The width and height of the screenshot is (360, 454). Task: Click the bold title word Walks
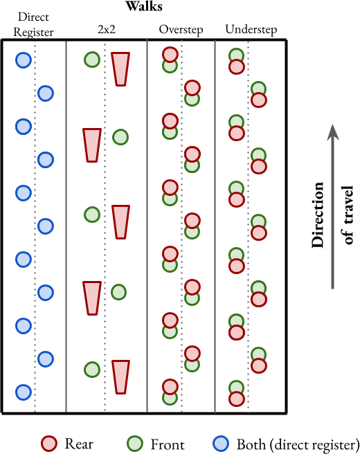[x=144, y=6]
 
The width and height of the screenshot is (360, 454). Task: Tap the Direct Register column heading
[x=33, y=25]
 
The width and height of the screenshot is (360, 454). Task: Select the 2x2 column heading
[x=107, y=29]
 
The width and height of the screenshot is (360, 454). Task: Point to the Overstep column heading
[x=181, y=30]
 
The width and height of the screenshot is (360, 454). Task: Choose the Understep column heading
[x=251, y=30]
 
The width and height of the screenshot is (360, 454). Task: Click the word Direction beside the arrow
[x=318, y=215]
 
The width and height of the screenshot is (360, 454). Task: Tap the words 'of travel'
[x=348, y=215]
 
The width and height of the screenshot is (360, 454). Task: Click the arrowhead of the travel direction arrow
[x=333, y=132]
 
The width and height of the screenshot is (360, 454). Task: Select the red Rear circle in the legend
[x=49, y=444]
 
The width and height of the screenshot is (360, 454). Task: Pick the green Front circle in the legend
[x=135, y=444]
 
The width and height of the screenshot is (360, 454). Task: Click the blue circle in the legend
[x=221, y=444]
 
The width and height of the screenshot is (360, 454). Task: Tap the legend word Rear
[x=79, y=444]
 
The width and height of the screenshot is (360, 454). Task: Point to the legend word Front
[x=168, y=444]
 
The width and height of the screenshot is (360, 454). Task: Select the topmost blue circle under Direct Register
[x=24, y=60]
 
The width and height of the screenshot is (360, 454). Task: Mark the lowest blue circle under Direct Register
[x=24, y=392]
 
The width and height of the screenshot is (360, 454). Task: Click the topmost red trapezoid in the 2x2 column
[x=120, y=69]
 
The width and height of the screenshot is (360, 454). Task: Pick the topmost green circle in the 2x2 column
[x=92, y=60]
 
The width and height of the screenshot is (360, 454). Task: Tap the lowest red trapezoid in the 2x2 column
[x=120, y=377]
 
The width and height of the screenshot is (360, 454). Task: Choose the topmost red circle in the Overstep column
[x=170, y=55]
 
